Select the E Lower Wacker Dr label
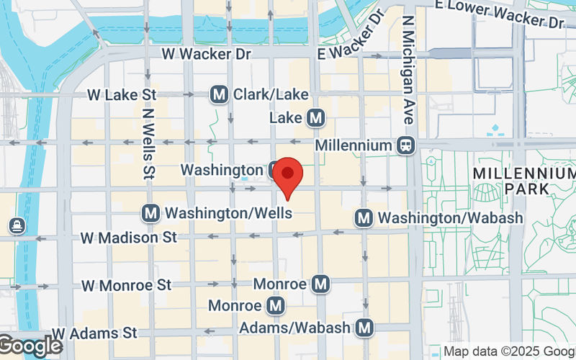(x=500, y=16)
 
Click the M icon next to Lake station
(x=315, y=117)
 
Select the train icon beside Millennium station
(x=406, y=145)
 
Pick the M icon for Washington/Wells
(x=150, y=213)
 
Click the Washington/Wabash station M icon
(x=364, y=217)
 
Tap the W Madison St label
(x=128, y=237)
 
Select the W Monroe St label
(x=126, y=286)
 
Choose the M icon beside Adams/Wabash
(x=366, y=328)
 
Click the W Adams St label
(x=94, y=333)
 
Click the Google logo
(x=30, y=346)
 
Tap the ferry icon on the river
(x=17, y=226)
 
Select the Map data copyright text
(x=508, y=351)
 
